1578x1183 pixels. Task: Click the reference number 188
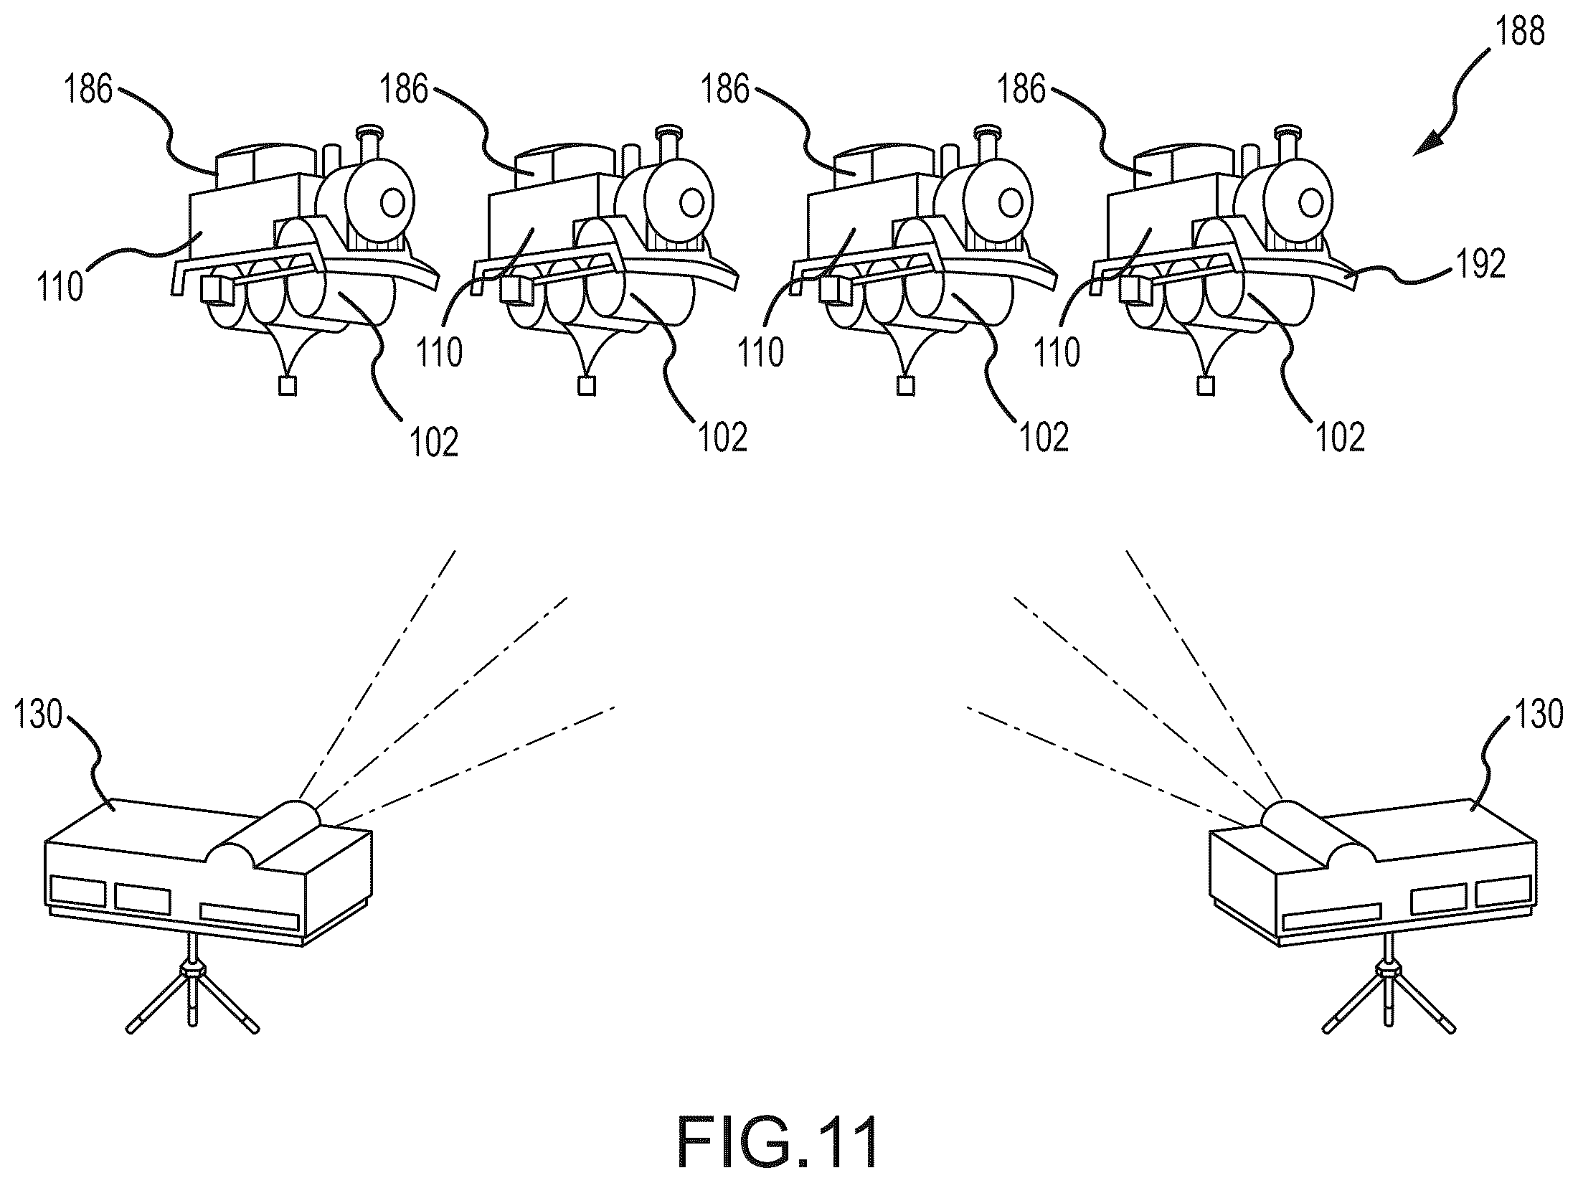coord(1519,32)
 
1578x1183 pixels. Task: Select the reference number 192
coord(1480,265)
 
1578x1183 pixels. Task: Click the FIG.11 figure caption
coord(778,1141)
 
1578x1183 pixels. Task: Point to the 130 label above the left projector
coord(38,715)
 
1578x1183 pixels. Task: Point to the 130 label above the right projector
coord(1538,715)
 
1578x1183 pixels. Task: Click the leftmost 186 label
coord(88,90)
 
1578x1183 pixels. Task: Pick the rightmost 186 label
coord(1023,90)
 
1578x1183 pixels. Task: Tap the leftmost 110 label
coord(60,287)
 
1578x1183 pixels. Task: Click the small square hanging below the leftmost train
coord(288,386)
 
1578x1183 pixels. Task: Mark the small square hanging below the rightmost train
coord(1206,386)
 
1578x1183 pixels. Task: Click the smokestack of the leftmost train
coord(368,151)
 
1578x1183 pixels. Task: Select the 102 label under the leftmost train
coord(433,441)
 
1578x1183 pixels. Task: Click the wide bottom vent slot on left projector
coord(250,917)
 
